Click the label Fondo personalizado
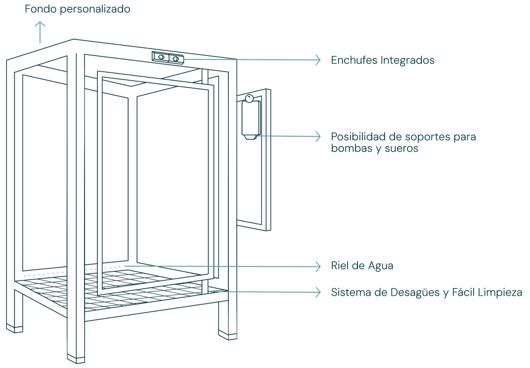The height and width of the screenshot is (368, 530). point(78,9)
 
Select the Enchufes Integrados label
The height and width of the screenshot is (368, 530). point(383,60)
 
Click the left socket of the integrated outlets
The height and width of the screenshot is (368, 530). point(161,57)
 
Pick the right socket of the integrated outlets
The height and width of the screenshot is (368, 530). point(176,59)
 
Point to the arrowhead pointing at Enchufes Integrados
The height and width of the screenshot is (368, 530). point(318,60)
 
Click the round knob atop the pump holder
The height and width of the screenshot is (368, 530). point(250,98)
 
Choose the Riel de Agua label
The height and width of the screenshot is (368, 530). point(362,265)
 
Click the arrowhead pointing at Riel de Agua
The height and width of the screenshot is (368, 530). point(318,266)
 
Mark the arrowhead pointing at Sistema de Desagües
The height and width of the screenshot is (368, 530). point(318,292)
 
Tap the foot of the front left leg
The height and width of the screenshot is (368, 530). point(14,328)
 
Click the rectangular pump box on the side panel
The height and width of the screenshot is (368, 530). point(251,119)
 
